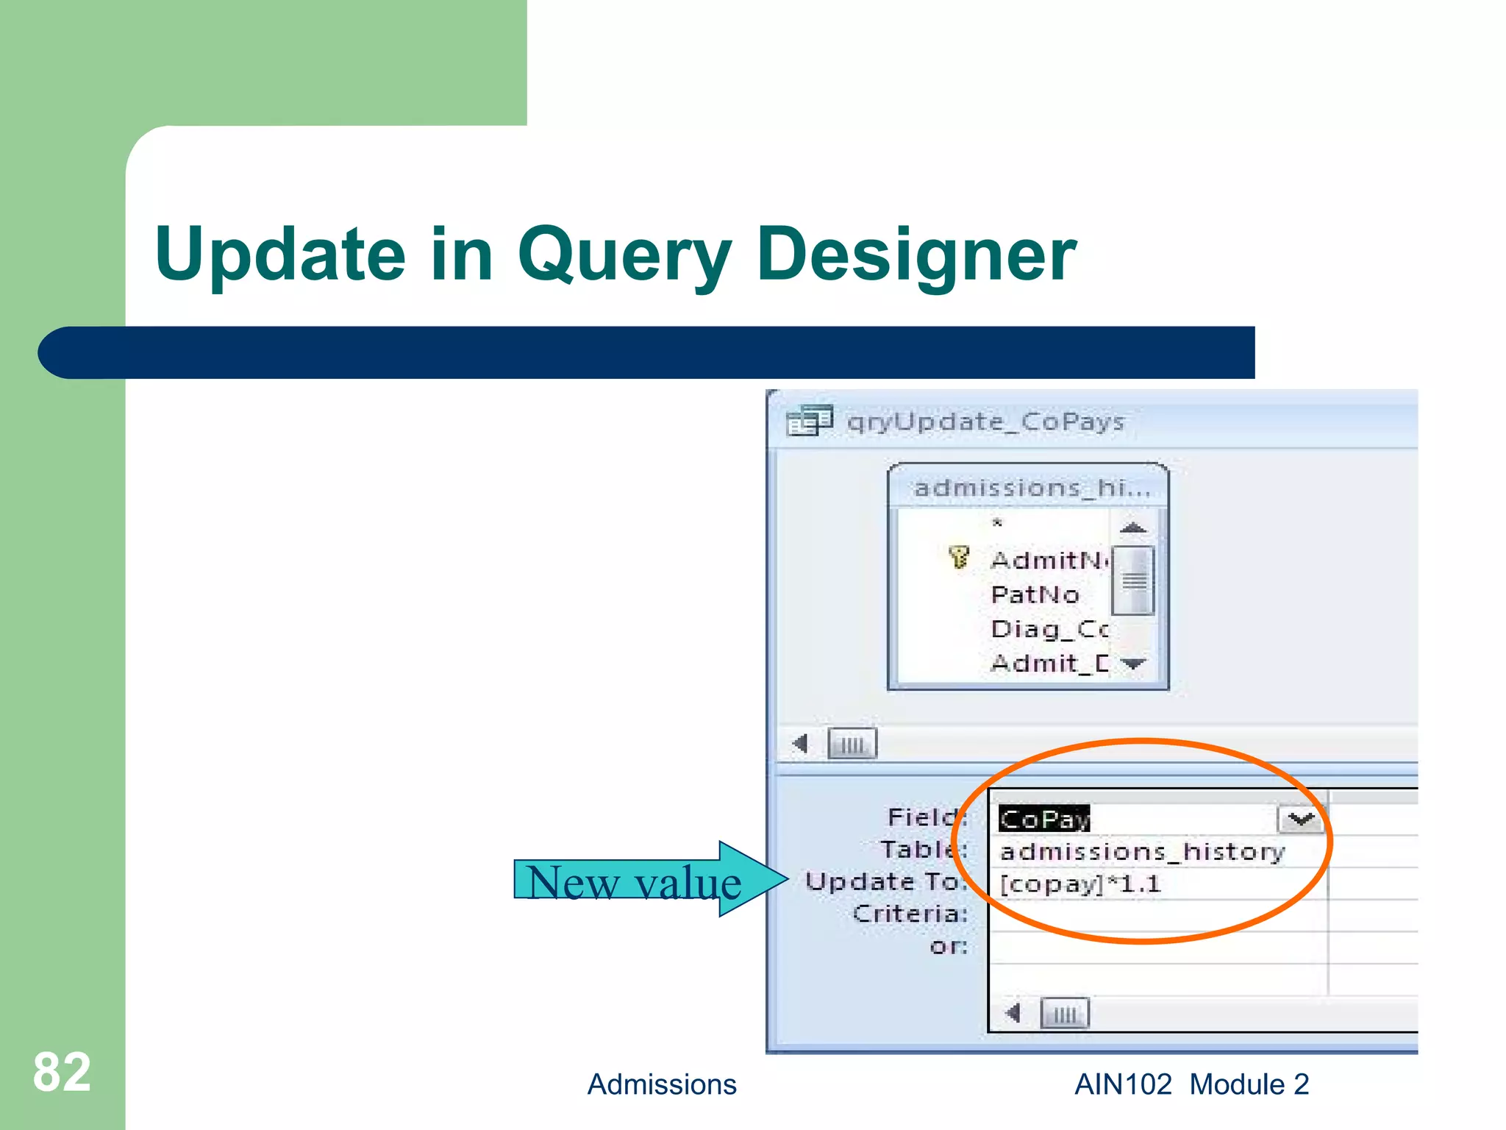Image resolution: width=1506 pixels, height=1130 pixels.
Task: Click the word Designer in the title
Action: [x=916, y=255]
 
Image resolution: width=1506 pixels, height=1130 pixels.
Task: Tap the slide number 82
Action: [x=62, y=1072]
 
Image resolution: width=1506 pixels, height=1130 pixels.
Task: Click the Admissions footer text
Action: [x=661, y=1084]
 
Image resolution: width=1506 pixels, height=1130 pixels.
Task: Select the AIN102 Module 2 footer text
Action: [x=1191, y=1084]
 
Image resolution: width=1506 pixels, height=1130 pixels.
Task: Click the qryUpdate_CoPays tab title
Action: [x=985, y=422]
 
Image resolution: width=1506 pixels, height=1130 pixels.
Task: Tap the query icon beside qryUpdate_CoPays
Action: [x=809, y=422]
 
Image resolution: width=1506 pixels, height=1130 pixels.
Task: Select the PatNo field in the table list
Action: [x=1035, y=594]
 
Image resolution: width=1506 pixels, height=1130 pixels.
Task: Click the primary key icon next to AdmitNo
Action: [x=959, y=558]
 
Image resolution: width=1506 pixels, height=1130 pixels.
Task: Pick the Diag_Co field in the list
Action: [x=1049, y=629]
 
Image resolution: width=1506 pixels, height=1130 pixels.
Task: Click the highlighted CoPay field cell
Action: [x=1043, y=819]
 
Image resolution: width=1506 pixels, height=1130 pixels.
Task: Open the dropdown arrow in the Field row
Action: [x=1301, y=819]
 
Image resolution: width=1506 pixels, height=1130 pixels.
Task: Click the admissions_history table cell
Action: [x=1142, y=852]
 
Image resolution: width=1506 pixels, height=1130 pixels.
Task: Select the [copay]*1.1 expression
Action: [x=1079, y=884]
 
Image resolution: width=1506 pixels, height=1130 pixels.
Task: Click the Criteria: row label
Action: [x=910, y=914]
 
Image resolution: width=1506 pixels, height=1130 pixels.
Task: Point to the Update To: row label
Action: [x=886, y=881]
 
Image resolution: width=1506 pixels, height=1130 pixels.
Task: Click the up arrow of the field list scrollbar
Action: [x=1133, y=527]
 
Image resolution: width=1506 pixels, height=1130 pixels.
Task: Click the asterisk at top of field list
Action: [x=997, y=523]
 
